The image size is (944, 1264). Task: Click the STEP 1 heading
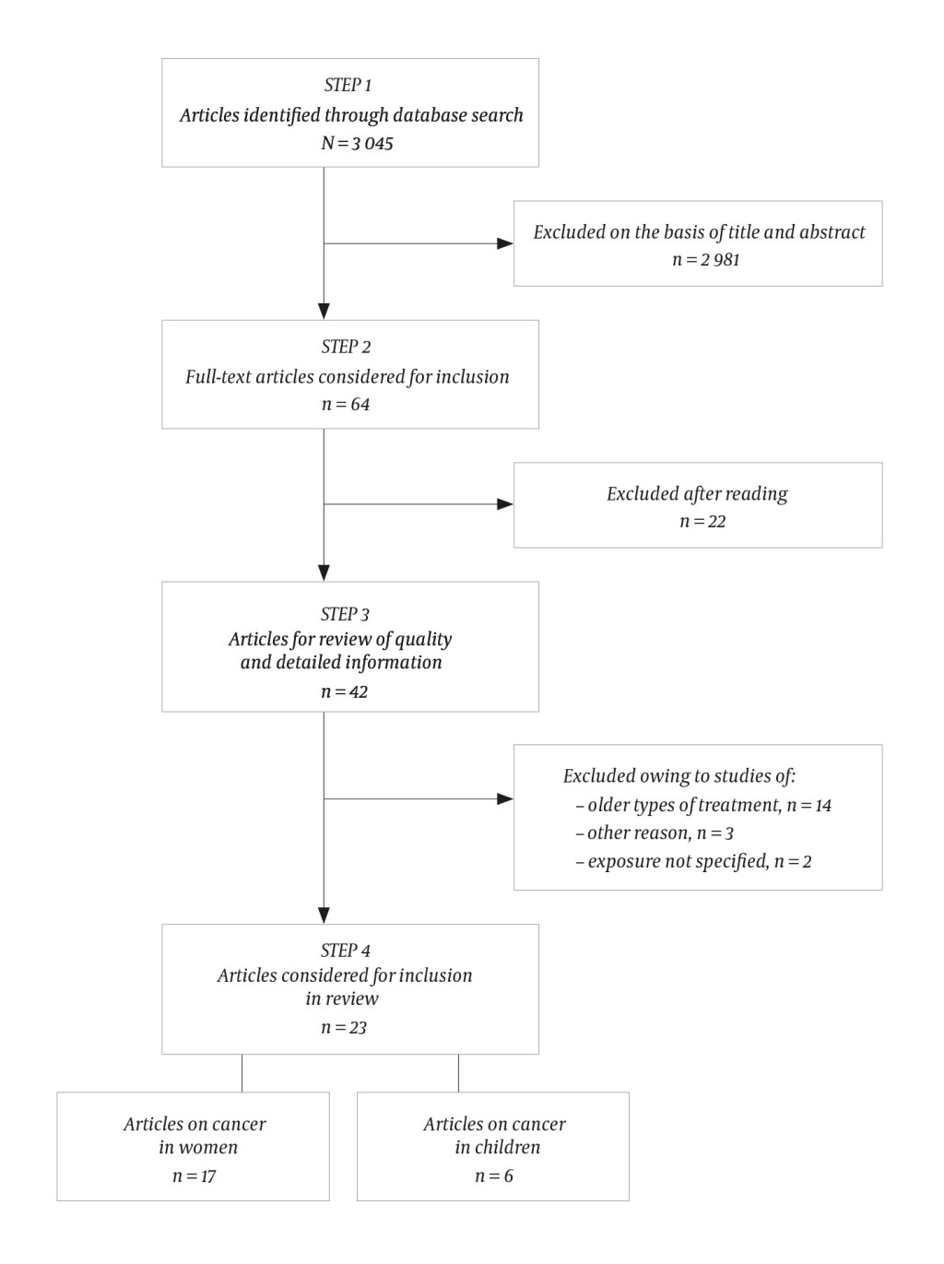pyautogui.click(x=348, y=85)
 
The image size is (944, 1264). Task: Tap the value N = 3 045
pyautogui.click(x=357, y=143)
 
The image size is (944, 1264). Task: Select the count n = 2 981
pyautogui.click(x=705, y=260)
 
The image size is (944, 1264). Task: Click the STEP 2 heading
pyautogui.click(x=346, y=347)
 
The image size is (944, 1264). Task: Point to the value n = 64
pyautogui.click(x=345, y=404)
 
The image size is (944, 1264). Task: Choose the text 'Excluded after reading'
pyautogui.click(x=697, y=494)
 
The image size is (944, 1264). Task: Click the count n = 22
pyautogui.click(x=702, y=522)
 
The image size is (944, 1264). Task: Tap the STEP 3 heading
pyautogui.click(x=345, y=614)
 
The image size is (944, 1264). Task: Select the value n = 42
pyautogui.click(x=344, y=691)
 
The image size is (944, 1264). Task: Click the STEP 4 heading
pyautogui.click(x=345, y=951)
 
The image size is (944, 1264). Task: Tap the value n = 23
pyautogui.click(x=344, y=1028)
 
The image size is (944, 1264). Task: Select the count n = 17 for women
pyautogui.click(x=194, y=1176)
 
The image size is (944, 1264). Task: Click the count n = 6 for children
pyautogui.click(x=493, y=1176)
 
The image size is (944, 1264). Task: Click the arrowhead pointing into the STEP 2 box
pyautogui.click(x=324, y=312)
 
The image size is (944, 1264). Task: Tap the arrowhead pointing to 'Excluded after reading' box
pyautogui.click(x=505, y=504)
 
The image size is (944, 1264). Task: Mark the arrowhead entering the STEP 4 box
pyautogui.click(x=324, y=916)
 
